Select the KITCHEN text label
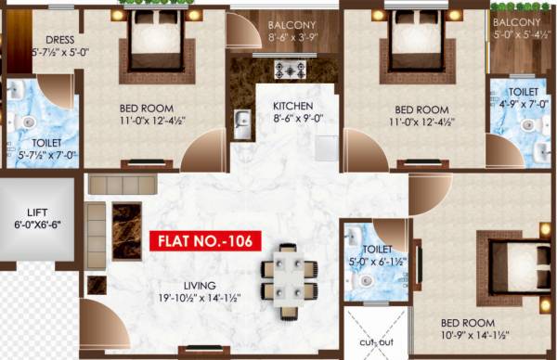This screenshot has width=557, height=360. coord(292,106)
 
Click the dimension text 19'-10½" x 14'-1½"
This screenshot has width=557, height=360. coord(200,298)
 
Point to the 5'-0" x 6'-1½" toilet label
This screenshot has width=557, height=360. coord(378,262)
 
